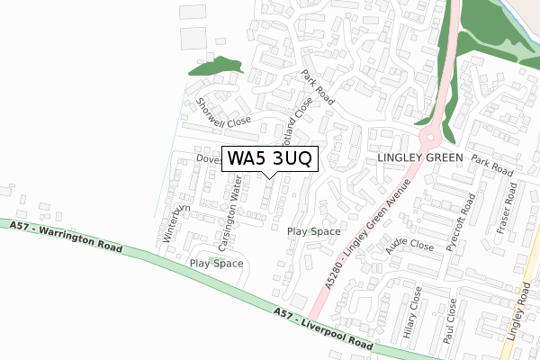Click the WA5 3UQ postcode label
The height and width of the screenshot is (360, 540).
point(270,158)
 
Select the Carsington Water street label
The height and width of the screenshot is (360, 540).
point(229,216)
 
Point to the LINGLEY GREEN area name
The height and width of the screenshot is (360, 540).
point(419,158)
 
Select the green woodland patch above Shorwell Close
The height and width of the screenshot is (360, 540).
point(214,67)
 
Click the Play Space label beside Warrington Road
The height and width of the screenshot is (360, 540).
point(216,264)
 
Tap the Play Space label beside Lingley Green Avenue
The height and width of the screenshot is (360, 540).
point(313,231)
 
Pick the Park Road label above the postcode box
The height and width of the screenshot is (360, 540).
point(319,88)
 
